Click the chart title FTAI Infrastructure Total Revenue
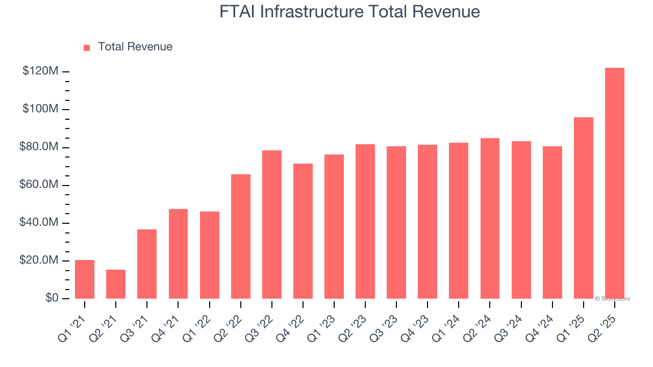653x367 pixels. point(349,12)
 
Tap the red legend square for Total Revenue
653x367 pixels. point(87,47)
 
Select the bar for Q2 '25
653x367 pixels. point(614,183)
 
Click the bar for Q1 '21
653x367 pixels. point(85,279)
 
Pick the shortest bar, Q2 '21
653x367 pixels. point(116,284)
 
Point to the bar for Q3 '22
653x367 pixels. point(272,224)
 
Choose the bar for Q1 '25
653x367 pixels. point(583,208)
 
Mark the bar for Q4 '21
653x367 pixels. point(178,254)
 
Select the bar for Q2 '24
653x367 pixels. point(490,218)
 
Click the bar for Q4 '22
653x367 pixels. point(303,231)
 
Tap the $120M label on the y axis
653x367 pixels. point(40,71)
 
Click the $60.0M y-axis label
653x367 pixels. point(38,185)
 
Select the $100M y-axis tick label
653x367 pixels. point(40,109)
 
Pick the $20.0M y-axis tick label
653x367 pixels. point(38,260)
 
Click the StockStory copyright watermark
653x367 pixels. point(612,299)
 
